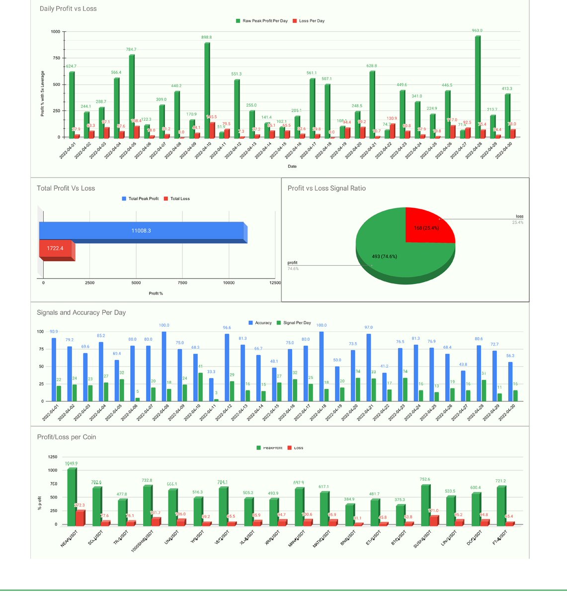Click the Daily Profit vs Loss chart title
[68, 8]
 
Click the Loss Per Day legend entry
[312, 21]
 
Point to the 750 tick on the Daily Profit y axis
[56, 58]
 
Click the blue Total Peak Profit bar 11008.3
[142, 231]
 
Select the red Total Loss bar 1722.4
[56, 248]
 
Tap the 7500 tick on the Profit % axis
[182, 283]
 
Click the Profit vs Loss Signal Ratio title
[326, 188]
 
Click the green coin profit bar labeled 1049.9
[72, 497]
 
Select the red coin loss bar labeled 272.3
[80, 518]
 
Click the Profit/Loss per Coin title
[67, 437]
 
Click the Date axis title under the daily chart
[292, 166]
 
